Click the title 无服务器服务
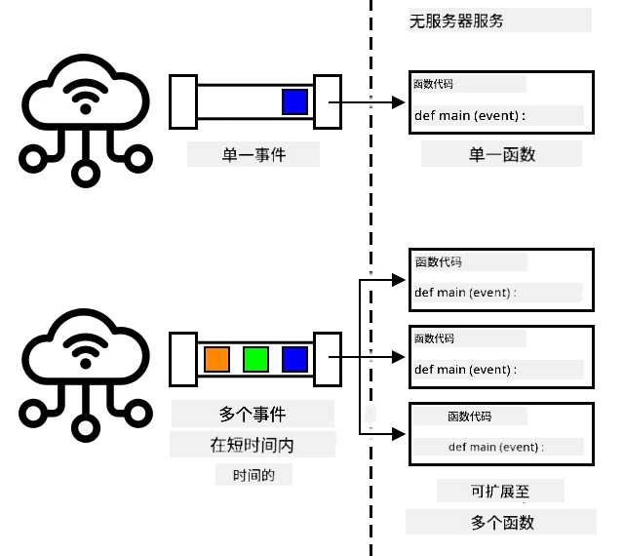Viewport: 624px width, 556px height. coord(456,20)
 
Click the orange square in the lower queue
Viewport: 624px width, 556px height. coord(216,359)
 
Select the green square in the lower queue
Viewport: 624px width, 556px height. coord(255,359)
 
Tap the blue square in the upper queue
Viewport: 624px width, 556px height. coord(294,102)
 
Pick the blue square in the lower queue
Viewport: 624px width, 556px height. coord(294,359)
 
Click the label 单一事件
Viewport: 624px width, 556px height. coord(253,154)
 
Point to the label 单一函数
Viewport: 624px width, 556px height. coord(502,154)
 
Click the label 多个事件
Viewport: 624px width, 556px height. coord(253,415)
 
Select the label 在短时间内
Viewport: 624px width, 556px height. coord(252,445)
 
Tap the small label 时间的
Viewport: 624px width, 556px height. coord(253,475)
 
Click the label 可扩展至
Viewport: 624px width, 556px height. coord(500,492)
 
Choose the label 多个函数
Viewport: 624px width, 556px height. coord(502,522)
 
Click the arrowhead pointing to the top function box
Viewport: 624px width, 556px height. coord(399,280)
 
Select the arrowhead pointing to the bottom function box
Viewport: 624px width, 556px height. coord(399,434)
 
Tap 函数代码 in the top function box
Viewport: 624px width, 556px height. coord(433,84)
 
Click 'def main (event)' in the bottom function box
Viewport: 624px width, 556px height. coord(493,447)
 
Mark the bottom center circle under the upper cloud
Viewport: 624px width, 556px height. coord(85,174)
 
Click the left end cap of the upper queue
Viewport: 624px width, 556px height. coord(183,102)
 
